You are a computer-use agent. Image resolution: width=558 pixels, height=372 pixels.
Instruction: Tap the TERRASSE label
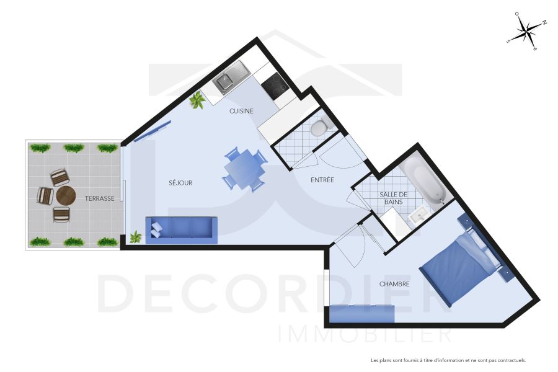tap(100, 198)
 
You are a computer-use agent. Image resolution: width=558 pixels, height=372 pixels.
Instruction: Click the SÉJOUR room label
tap(180, 183)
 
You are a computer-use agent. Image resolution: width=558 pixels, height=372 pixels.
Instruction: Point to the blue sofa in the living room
tap(182, 229)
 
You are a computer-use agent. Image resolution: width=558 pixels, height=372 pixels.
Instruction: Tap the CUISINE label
tap(241, 111)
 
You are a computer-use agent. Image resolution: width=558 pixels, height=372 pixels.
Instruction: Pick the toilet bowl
tap(319, 128)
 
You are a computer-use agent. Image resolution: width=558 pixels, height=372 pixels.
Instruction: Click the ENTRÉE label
tap(322, 180)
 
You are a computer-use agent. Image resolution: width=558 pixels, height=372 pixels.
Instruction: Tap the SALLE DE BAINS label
tap(394, 198)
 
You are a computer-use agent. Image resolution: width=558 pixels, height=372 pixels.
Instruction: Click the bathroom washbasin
tap(418, 215)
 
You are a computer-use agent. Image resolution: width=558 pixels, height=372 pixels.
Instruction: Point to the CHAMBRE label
tap(394, 284)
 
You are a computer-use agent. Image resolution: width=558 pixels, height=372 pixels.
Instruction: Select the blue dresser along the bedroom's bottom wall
tap(361, 314)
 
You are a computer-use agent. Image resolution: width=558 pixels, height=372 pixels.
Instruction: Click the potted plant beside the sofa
tap(136, 237)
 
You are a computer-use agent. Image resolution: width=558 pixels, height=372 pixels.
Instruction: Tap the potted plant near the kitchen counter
tap(198, 100)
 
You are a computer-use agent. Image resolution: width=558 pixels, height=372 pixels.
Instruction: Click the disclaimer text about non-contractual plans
tap(448, 360)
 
